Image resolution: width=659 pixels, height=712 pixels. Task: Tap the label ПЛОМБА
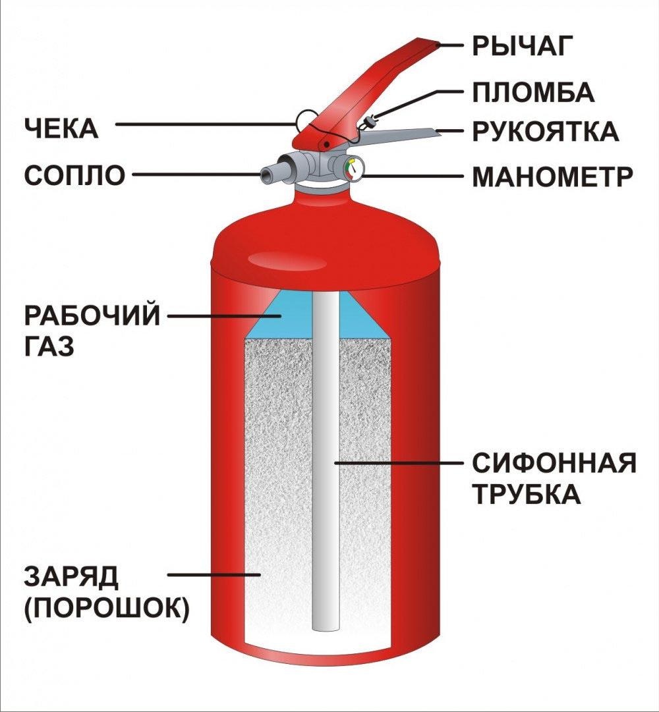[533, 92]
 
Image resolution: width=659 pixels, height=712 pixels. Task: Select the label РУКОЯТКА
[545, 131]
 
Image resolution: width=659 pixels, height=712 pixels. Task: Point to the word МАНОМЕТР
[552, 177]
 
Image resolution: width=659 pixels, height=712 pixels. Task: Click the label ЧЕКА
[61, 128]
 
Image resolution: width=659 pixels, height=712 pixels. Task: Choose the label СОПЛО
[74, 175]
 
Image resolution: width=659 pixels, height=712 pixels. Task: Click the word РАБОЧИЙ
[92, 315]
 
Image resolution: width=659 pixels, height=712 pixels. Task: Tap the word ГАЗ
[49, 346]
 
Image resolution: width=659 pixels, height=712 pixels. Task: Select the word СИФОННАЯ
[554, 463]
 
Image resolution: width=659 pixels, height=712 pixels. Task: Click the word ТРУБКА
[526, 494]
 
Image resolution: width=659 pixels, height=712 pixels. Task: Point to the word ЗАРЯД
[71, 577]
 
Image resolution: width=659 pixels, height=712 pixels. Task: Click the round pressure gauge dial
[353, 169]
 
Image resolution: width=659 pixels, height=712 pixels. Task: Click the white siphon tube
[325, 461]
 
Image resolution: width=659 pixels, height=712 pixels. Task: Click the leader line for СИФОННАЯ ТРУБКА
[395, 463]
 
